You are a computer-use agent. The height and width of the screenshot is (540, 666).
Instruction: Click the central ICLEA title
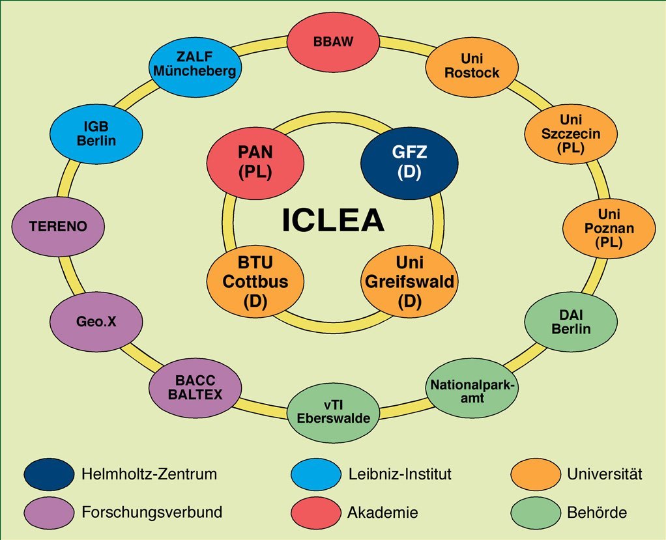tap(333, 221)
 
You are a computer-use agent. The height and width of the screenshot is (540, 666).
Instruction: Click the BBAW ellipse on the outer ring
tap(333, 40)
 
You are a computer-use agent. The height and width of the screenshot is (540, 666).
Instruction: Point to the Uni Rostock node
tap(472, 65)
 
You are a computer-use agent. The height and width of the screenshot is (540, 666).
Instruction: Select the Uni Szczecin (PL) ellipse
tap(571, 134)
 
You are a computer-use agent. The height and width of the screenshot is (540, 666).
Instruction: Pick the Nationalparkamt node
tap(472, 389)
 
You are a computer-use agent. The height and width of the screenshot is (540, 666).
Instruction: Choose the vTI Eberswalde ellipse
tap(333, 411)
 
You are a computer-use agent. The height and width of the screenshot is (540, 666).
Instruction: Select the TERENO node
tap(58, 227)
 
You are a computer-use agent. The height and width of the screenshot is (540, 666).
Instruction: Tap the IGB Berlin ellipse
tap(95, 134)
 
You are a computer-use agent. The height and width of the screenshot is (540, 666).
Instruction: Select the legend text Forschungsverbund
tap(152, 512)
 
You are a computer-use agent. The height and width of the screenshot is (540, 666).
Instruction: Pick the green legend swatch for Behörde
tap(536, 512)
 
